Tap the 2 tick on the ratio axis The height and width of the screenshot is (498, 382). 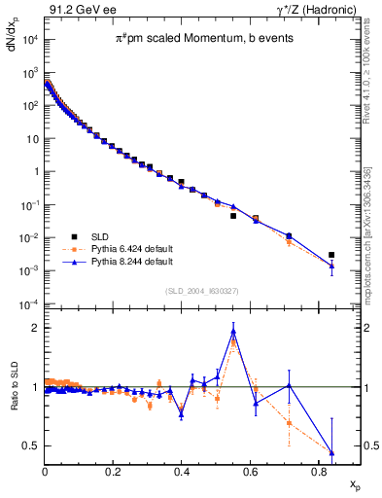(34, 328)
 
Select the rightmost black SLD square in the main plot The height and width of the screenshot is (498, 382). (331, 255)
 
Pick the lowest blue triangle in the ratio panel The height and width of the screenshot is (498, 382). (332, 452)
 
